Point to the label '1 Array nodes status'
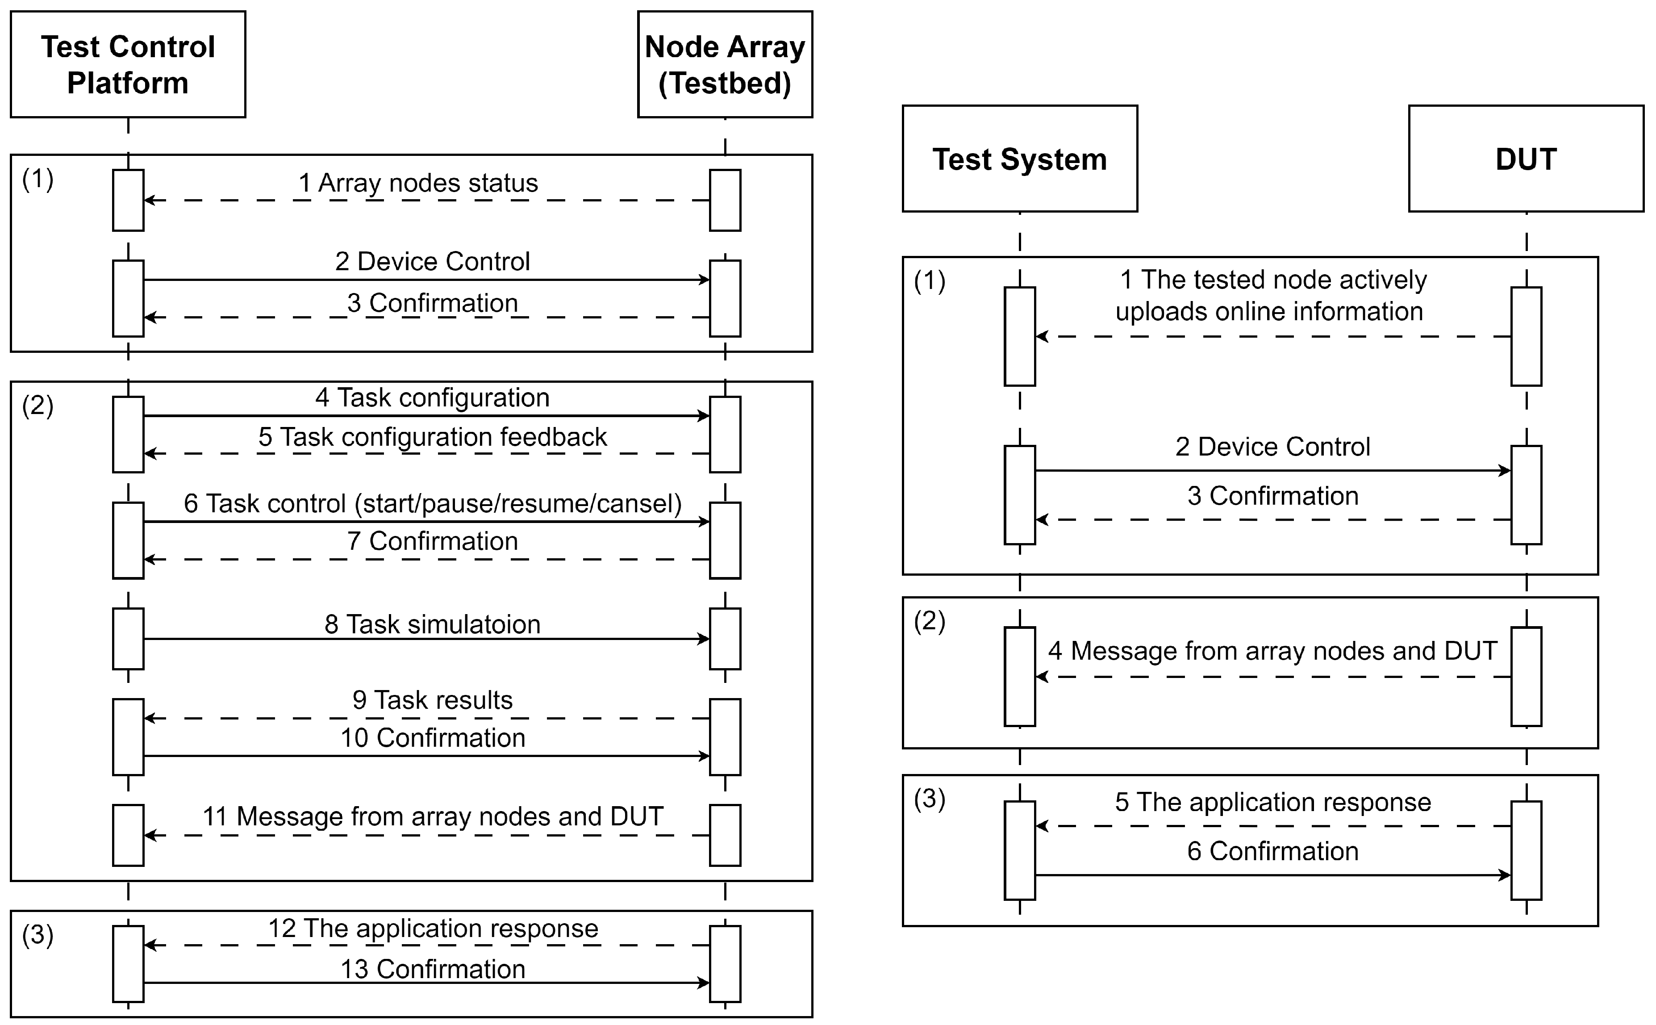tap(418, 183)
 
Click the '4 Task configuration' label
tap(432, 397)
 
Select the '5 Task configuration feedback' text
tap(432, 437)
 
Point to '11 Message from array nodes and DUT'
tap(432, 817)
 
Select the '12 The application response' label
tap(432, 929)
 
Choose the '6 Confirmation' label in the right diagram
tap(1272, 851)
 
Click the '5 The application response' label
tap(1272, 803)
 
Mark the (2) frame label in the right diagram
tap(929, 621)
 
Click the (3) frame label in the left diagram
tap(37, 935)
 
